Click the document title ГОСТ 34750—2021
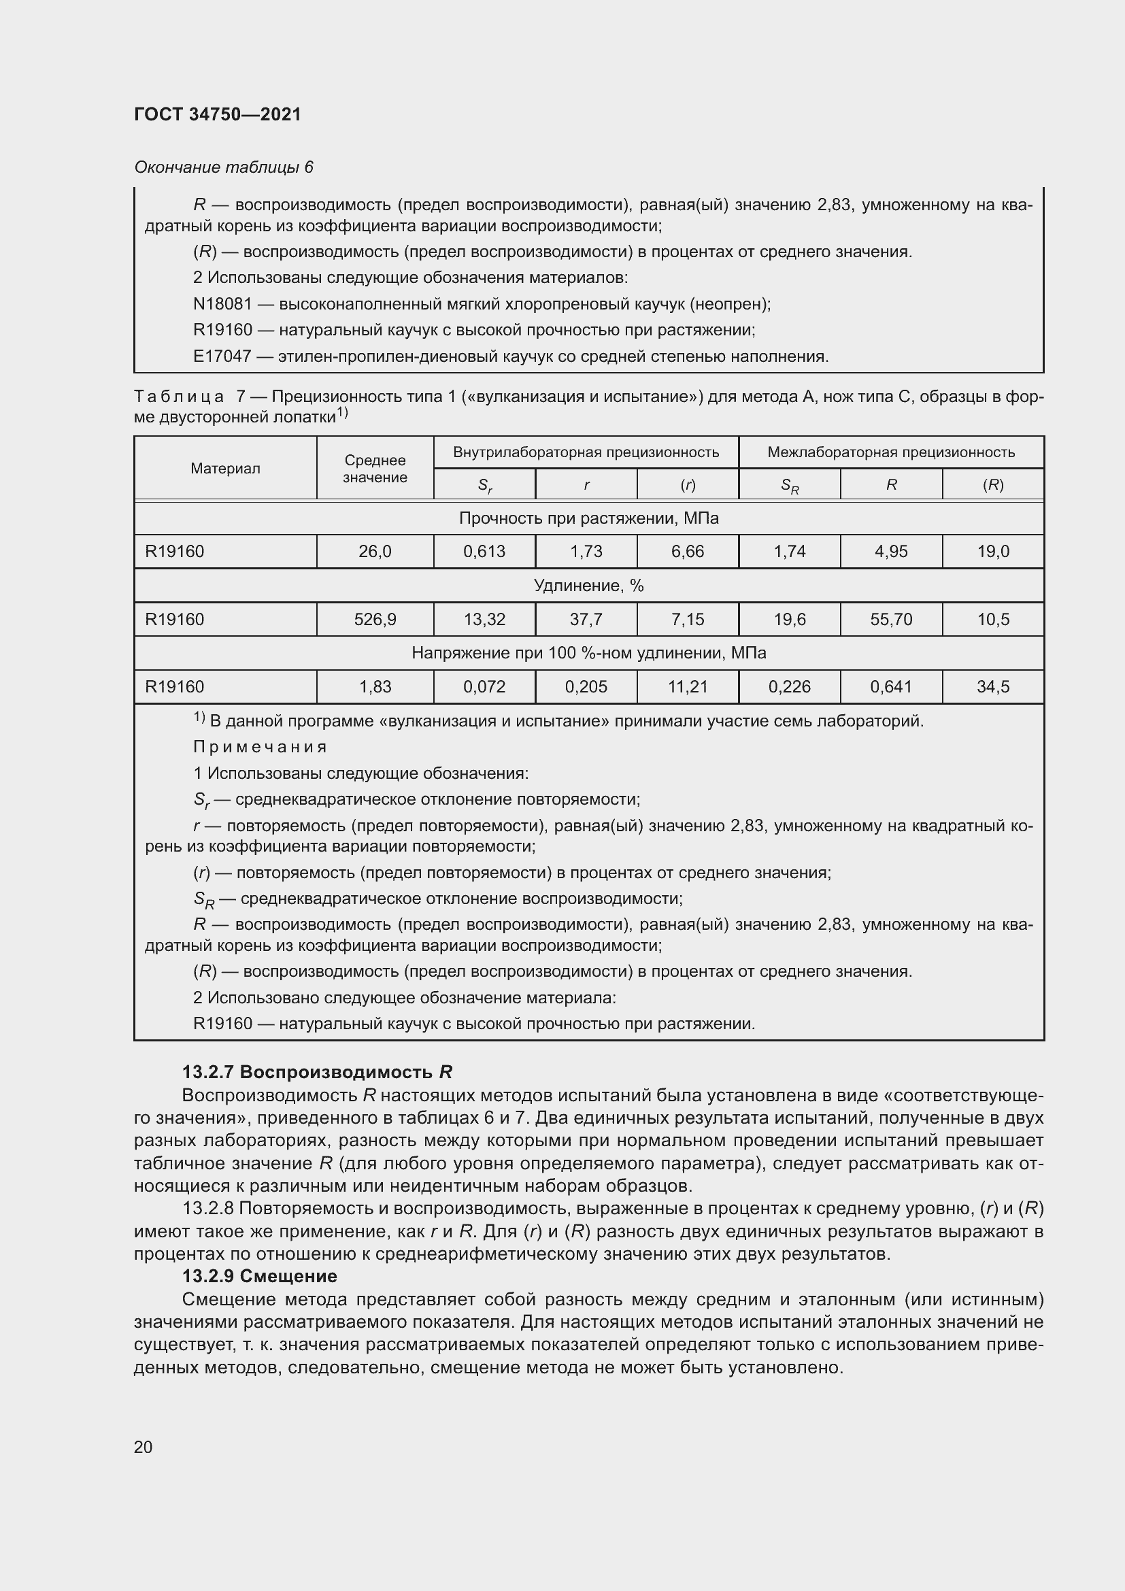coord(218,114)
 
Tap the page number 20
coord(144,1447)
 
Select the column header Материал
coord(225,469)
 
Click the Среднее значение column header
coord(375,469)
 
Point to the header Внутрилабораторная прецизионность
coord(586,452)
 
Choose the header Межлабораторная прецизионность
coord(891,452)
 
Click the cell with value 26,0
coord(375,552)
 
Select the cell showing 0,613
coord(484,552)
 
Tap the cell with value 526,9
coord(375,620)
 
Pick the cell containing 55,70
coord(891,620)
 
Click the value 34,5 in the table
coord(992,687)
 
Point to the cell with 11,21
coord(687,687)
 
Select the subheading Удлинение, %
coord(589,586)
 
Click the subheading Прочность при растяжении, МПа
coord(589,518)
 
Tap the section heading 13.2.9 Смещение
coord(260,1276)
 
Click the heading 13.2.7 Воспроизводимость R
coord(316,1073)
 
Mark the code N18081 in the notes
coord(222,304)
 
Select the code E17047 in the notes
coord(222,357)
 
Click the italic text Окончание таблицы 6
coord(224,167)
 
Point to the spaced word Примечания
coord(260,747)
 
